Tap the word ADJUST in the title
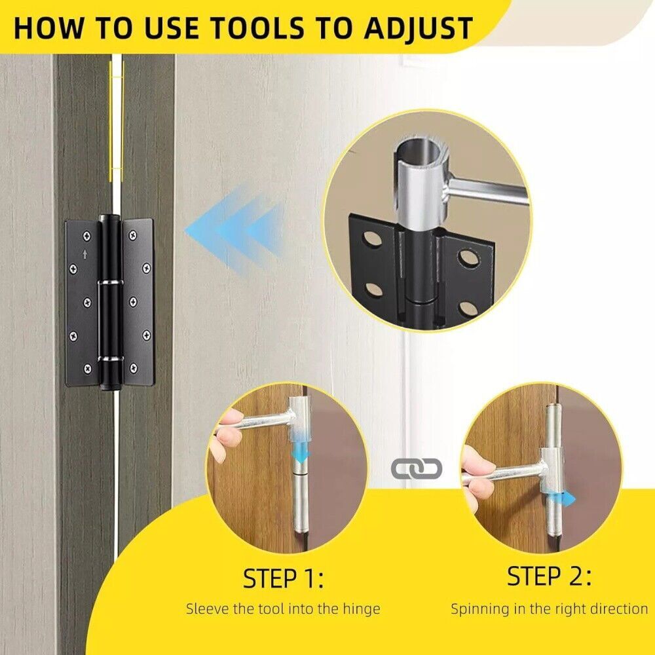point(418,29)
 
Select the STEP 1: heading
point(283,578)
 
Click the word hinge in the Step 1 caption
point(362,609)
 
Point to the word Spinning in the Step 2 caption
point(480,609)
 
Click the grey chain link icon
point(417,469)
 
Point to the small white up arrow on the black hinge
point(85,254)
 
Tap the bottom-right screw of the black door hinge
point(133,368)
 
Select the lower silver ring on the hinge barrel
point(110,359)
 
